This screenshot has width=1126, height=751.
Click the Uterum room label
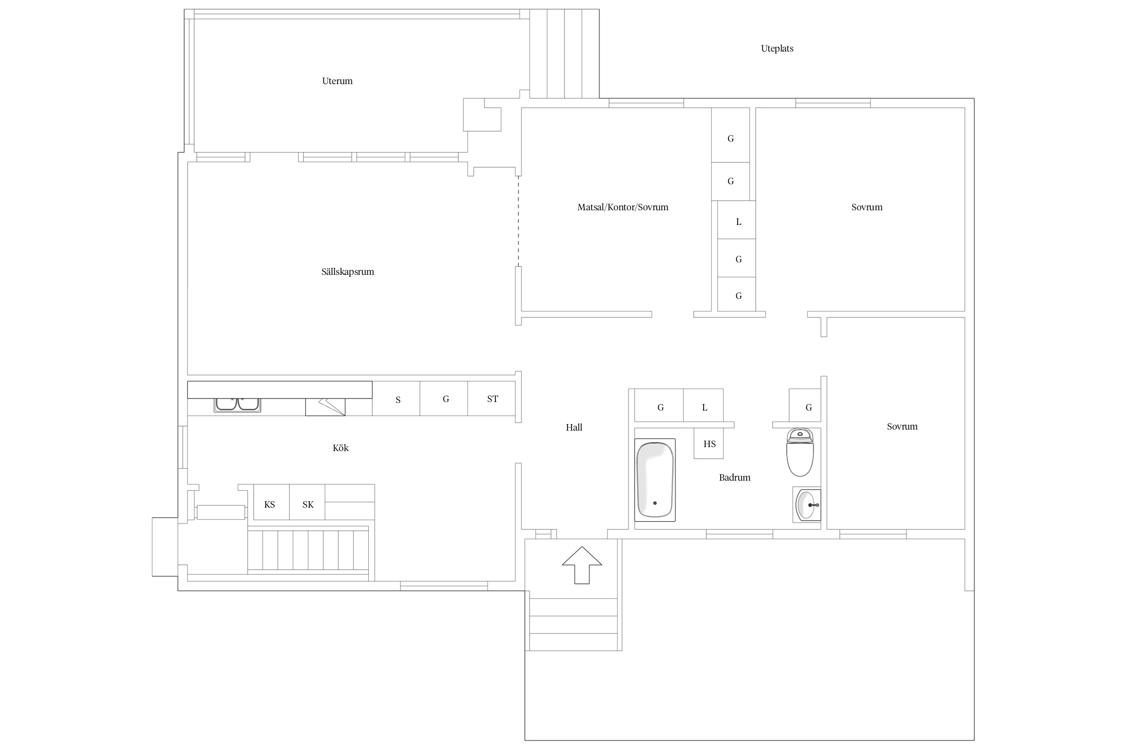[x=337, y=81]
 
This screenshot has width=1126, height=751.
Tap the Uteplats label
[x=777, y=49]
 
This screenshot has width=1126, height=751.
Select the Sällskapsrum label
[x=348, y=272]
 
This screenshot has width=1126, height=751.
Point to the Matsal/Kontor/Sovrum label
[x=623, y=207]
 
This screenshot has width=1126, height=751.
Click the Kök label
[x=341, y=448]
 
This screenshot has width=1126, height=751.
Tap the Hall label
[x=574, y=428]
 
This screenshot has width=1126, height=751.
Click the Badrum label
[x=735, y=478]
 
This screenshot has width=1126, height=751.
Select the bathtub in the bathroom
[x=655, y=480]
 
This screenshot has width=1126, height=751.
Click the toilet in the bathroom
[x=800, y=452]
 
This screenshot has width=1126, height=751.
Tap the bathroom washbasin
[x=807, y=505]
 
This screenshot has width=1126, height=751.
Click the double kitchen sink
[x=237, y=405]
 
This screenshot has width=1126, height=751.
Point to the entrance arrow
[x=582, y=565]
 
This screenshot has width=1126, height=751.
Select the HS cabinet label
[x=710, y=444]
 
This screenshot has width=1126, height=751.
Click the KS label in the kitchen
[x=270, y=505]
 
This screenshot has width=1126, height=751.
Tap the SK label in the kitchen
[x=308, y=505]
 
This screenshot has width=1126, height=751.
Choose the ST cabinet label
[x=492, y=399]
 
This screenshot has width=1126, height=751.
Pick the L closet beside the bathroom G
[x=704, y=405]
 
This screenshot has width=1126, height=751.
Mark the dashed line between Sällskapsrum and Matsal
[x=518, y=221]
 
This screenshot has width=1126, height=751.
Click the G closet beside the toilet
[x=805, y=405]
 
